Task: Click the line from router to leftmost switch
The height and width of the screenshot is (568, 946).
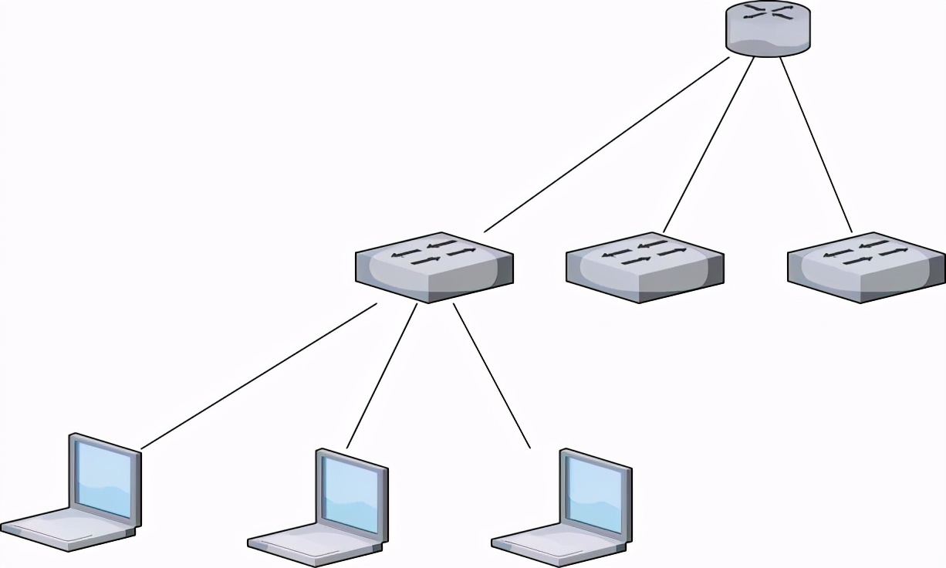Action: click(606, 144)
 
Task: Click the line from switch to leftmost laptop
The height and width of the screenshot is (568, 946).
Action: click(258, 376)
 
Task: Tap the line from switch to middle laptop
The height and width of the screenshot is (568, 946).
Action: click(382, 375)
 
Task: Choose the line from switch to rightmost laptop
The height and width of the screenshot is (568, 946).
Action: click(492, 375)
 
